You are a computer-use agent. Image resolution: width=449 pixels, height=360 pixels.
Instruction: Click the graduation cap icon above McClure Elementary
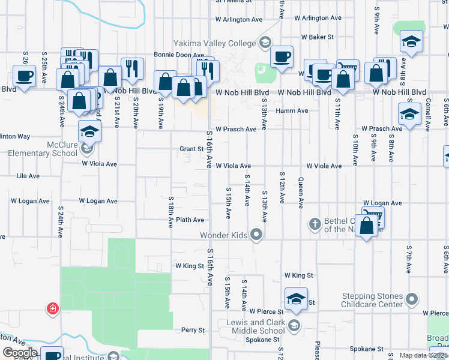(x=89, y=130)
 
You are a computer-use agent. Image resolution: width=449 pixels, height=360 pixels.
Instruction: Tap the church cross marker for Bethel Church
(x=315, y=224)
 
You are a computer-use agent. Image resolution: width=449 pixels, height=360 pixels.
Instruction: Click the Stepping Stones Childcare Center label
(x=372, y=300)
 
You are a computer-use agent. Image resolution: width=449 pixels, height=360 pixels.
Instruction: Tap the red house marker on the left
(x=53, y=309)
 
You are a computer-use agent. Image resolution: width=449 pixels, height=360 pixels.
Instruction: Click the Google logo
(x=20, y=353)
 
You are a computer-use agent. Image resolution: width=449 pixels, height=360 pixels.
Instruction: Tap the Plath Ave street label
(x=190, y=220)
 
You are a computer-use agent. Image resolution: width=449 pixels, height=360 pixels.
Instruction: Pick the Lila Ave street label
(x=28, y=176)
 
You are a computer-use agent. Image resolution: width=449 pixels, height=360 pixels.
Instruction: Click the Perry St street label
(x=193, y=330)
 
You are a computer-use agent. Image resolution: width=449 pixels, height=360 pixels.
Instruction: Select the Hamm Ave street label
(x=292, y=111)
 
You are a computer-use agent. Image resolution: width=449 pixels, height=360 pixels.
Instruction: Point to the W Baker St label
(x=317, y=37)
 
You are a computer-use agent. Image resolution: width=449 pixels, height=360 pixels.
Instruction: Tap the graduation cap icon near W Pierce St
(x=296, y=299)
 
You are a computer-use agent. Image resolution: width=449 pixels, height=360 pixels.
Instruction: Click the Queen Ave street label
(x=301, y=193)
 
